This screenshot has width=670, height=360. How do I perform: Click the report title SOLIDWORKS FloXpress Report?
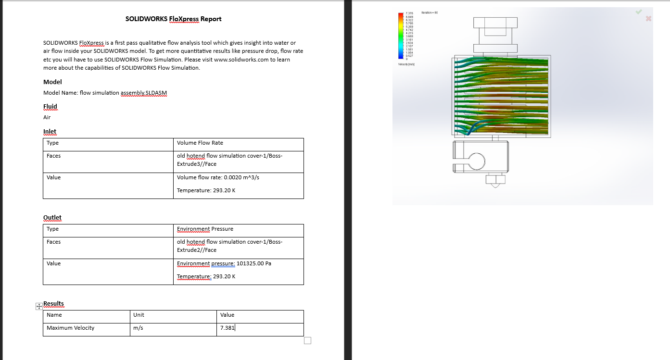[x=173, y=19]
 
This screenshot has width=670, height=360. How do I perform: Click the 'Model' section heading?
[x=52, y=82]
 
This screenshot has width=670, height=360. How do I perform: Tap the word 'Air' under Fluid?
[x=47, y=117]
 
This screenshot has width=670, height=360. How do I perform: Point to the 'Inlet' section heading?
[x=50, y=132]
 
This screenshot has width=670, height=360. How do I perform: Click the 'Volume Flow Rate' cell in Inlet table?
[x=200, y=143]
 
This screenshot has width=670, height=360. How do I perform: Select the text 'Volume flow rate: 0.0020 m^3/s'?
[x=218, y=177]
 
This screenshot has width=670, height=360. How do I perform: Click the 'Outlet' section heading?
[x=52, y=218]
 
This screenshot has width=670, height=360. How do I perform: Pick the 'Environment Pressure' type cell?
[x=205, y=229]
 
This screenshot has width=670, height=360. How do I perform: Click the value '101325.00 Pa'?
[x=253, y=263]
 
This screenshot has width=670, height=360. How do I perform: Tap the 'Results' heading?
[x=53, y=304]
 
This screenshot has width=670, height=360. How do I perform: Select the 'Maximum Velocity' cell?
[x=70, y=328]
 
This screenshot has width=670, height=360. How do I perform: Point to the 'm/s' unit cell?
[x=139, y=328]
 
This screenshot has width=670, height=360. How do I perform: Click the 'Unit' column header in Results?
[x=139, y=315]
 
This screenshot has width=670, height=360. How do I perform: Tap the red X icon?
[x=648, y=19]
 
